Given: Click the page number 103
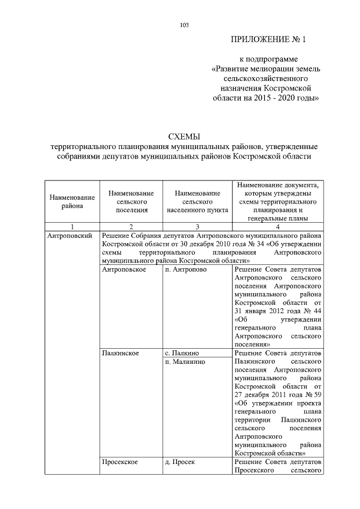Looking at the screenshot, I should (x=184, y=24).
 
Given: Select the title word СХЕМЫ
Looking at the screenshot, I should (x=184, y=136).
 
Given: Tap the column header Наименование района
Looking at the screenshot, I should (x=72, y=201).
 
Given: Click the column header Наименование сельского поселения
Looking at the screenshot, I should (x=131, y=201).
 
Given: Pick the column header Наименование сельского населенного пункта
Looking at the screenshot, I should (x=197, y=201).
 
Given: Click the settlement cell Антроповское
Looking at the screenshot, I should (x=124, y=270).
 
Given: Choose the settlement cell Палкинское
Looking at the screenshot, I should (x=121, y=353).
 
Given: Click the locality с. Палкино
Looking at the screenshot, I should (x=183, y=353).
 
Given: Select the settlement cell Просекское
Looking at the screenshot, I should (x=121, y=462).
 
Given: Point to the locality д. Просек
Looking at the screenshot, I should (x=181, y=462).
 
